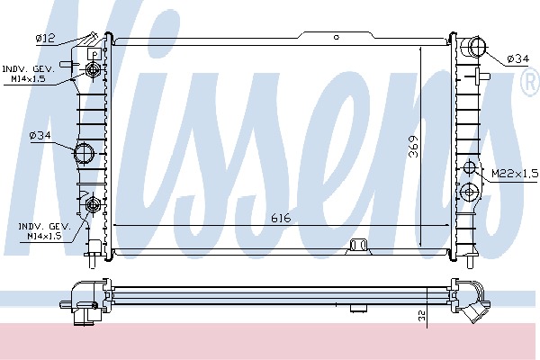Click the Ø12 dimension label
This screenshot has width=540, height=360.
46,38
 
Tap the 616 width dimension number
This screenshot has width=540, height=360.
281,218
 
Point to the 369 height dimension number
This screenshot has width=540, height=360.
414,147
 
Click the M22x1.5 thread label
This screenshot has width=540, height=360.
515,174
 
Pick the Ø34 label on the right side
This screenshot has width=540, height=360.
517,58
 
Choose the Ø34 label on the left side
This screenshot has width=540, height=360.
40,135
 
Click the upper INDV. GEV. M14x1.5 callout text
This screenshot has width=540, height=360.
29,74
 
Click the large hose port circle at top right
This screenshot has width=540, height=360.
477,47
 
